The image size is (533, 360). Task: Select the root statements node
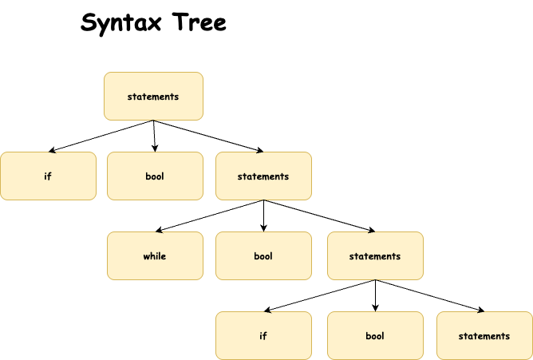click(153, 97)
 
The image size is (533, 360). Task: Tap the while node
click(155, 256)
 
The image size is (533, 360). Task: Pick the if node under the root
click(48, 176)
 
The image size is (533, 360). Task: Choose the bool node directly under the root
click(155, 176)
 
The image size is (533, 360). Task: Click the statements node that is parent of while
click(263, 176)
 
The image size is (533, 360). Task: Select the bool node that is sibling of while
click(263, 256)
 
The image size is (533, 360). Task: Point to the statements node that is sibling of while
click(375, 256)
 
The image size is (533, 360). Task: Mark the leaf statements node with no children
click(484, 335)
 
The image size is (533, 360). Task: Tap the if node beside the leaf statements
click(263, 335)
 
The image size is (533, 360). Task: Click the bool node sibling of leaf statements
click(375, 335)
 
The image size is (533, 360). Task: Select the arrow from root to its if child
click(101, 136)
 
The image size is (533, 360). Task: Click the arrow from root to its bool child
click(154, 136)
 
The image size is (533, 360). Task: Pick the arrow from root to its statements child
click(208, 136)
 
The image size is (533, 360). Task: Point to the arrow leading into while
click(210, 216)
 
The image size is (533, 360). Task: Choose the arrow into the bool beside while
click(263, 216)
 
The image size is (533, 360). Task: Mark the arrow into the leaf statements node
click(429, 295)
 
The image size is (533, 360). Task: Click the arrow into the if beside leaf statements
click(320, 295)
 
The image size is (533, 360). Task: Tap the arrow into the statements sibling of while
click(319, 216)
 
